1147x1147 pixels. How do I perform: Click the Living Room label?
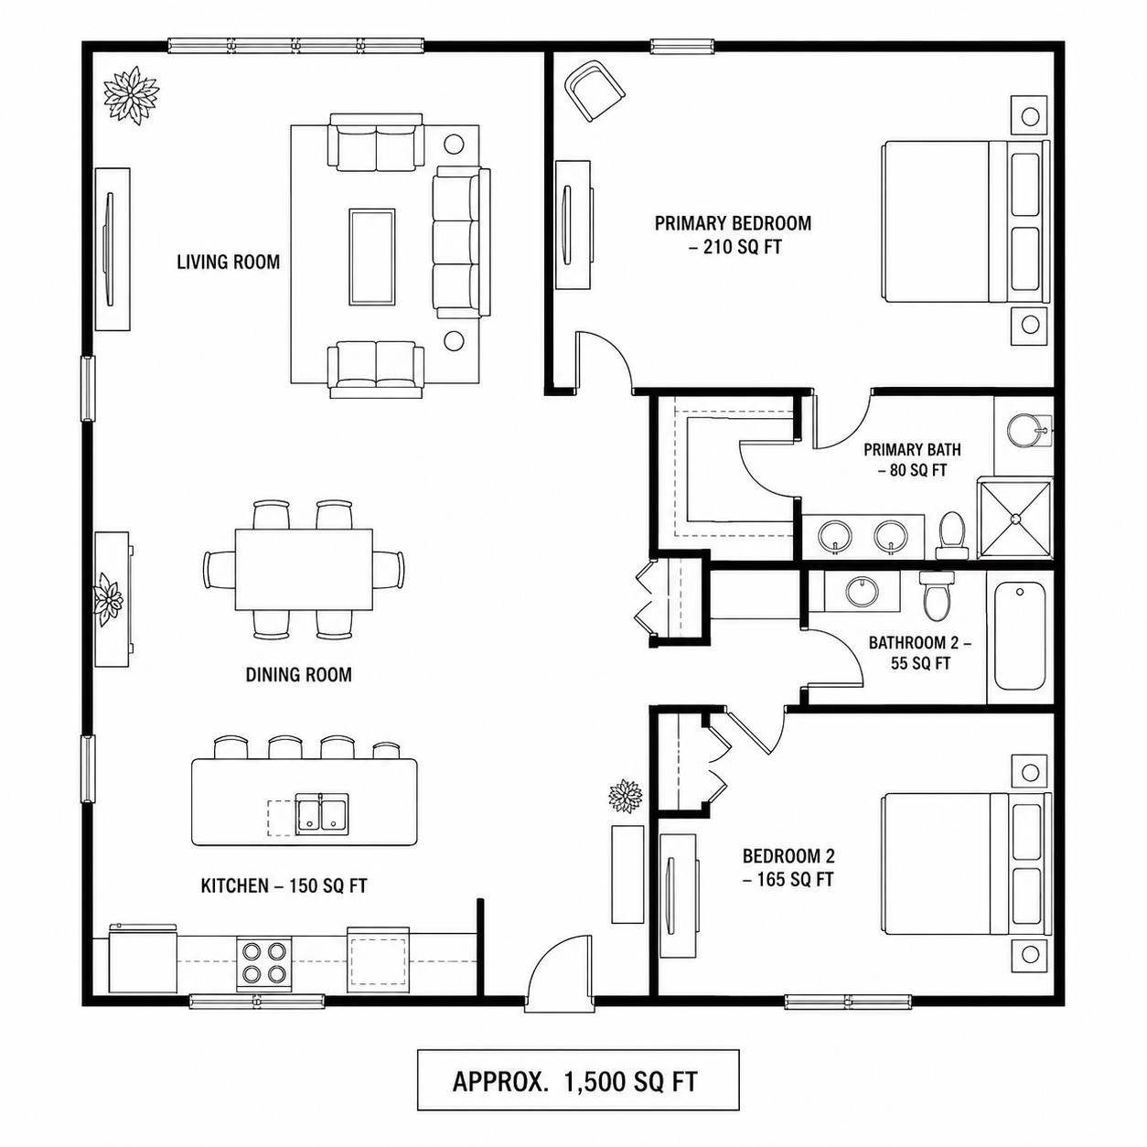tap(228, 262)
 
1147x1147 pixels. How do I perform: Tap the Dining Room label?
tap(298, 674)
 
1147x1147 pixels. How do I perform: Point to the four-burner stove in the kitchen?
tap(263, 964)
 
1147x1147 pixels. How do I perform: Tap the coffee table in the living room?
tap(372, 257)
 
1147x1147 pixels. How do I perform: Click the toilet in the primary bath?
tap(952, 536)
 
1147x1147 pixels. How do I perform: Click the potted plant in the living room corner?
tap(132, 95)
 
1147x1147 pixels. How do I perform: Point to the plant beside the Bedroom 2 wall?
tap(625, 796)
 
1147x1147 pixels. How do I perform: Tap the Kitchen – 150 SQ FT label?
tap(284, 885)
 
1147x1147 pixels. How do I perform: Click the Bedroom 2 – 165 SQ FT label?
tap(788, 867)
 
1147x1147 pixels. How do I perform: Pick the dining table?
tap(305, 570)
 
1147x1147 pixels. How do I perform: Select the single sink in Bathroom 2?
tap(862, 591)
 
